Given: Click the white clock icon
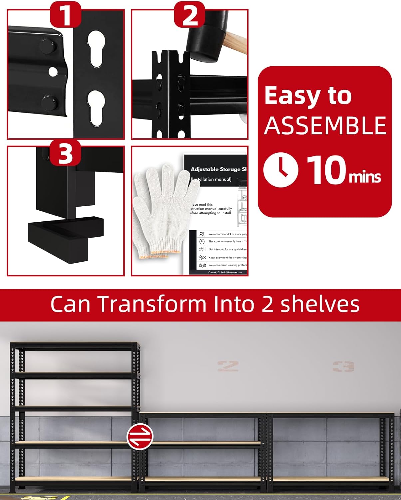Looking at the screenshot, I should pyautogui.click(x=281, y=170).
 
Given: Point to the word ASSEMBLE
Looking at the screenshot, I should pyautogui.click(x=325, y=126).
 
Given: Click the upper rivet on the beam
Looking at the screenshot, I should pyautogui.click(x=47, y=45).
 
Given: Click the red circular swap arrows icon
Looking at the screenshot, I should pyautogui.click(x=140, y=437).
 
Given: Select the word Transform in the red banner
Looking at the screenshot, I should pyautogui.click(x=152, y=304).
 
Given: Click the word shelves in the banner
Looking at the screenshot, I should pyautogui.click(x=320, y=304).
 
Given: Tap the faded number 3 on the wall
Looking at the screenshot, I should pyautogui.click(x=343, y=366).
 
